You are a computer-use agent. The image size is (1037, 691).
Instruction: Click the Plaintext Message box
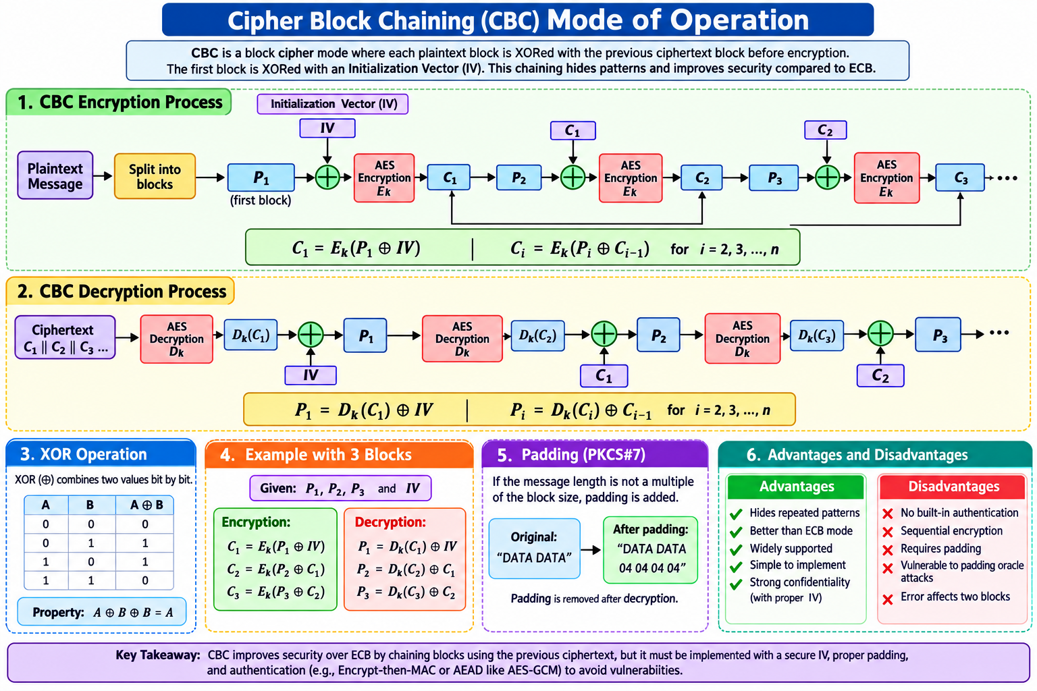click(x=55, y=176)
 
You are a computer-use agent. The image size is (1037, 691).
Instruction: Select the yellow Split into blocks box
click(x=155, y=176)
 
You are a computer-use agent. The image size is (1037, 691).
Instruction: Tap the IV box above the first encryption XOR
click(x=327, y=128)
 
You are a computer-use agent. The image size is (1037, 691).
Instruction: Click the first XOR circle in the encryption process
click(x=327, y=177)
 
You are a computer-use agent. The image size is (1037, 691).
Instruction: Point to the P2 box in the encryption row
click(x=518, y=177)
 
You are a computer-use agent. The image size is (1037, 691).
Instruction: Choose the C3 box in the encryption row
click(x=959, y=177)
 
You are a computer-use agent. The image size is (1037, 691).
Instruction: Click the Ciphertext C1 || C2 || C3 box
click(x=65, y=337)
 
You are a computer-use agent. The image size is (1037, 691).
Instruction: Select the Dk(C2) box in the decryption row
click(x=537, y=335)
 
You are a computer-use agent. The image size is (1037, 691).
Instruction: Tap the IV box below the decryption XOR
click(x=310, y=375)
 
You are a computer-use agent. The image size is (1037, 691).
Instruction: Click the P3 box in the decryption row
click(x=938, y=335)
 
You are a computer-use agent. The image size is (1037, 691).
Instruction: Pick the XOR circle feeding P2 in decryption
click(x=604, y=334)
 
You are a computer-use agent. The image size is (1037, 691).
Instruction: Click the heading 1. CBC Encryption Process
click(x=119, y=102)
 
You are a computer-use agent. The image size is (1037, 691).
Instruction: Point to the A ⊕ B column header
click(x=145, y=505)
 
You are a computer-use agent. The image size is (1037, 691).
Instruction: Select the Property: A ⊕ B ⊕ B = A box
click(x=102, y=612)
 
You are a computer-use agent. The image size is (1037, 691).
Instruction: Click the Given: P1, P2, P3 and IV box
click(x=340, y=489)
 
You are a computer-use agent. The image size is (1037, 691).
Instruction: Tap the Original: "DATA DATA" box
click(x=534, y=549)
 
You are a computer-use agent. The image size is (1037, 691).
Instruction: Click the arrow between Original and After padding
click(x=591, y=550)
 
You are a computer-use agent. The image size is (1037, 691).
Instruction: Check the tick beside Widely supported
click(x=736, y=550)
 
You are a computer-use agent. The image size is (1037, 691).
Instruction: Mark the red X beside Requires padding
click(x=888, y=550)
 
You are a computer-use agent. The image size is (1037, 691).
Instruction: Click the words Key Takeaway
click(x=158, y=655)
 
